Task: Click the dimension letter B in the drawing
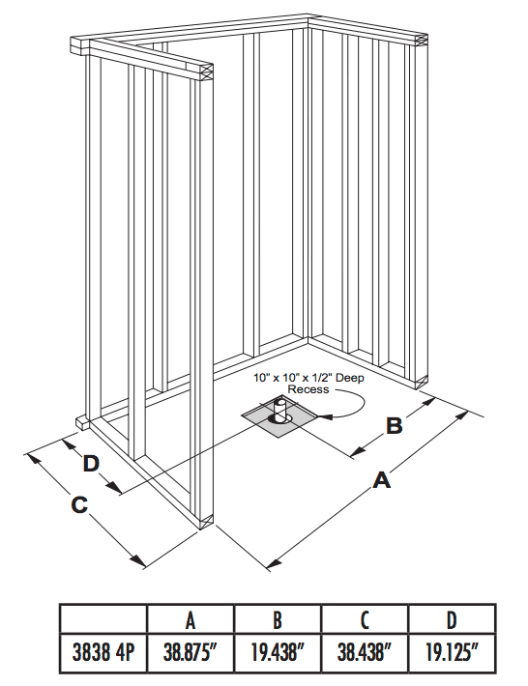click(x=394, y=424)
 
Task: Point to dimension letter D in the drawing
click(x=92, y=464)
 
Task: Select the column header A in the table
click(x=191, y=620)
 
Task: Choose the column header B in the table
click(x=278, y=620)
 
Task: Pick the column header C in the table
click(x=365, y=620)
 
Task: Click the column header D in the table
click(x=452, y=620)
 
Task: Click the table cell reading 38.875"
click(x=191, y=652)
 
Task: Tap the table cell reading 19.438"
click(x=278, y=652)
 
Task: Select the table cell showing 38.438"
click(x=365, y=652)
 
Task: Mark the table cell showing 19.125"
click(x=452, y=652)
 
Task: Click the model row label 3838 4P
click(x=103, y=652)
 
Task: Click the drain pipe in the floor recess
click(x=279, y=410)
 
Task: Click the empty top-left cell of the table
click(x=103, y=620)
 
